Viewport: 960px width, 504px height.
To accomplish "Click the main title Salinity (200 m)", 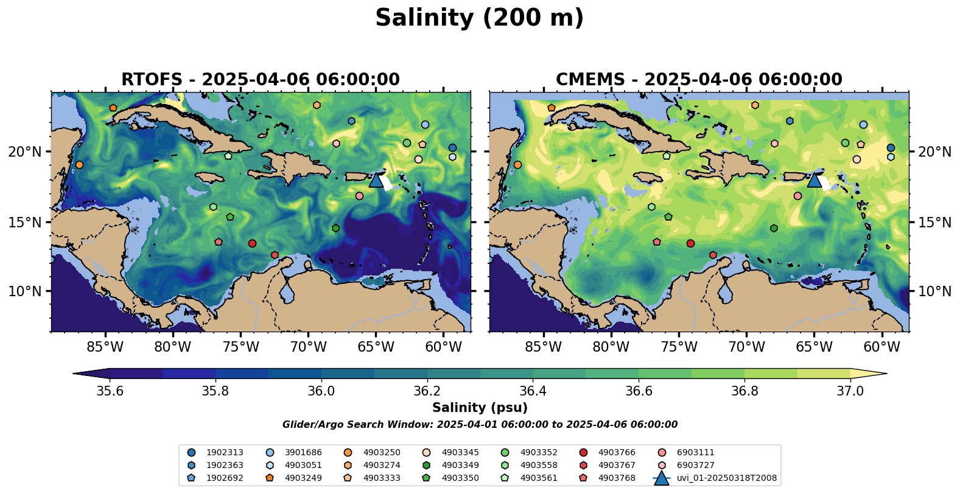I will tap(479, 18).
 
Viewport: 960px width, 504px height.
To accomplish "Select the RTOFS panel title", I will tap(261, 80).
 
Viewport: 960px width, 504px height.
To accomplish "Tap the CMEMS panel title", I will tap(699, 80).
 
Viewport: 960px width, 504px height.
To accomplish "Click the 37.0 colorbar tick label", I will tap(850, 391).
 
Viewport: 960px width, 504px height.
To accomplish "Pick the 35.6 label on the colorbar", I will tap(110, 391).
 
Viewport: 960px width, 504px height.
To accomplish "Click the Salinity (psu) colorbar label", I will tap(480, 408).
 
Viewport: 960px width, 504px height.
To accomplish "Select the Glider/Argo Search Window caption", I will tap(480, 425).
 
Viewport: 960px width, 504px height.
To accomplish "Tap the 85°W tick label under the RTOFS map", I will tap(105, 347).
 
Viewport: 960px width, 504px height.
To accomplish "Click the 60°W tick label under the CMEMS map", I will tap(881, 347).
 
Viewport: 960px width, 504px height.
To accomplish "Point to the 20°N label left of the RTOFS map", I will tap(25, 152).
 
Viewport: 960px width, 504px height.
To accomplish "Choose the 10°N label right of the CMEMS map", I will tap(934, 291).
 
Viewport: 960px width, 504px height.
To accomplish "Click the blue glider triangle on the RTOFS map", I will tap(376, 180).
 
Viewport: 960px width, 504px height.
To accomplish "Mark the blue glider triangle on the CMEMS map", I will tap(815, 180).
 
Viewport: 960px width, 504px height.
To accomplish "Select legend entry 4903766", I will tap(617, 453).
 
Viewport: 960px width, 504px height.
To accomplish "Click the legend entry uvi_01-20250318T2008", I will tap(726, 478).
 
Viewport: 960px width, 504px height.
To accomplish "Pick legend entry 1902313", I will tap(225, 453).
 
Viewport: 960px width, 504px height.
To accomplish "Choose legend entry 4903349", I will tap(460, 466).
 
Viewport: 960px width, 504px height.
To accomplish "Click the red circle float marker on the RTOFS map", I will tap(252, 243).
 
